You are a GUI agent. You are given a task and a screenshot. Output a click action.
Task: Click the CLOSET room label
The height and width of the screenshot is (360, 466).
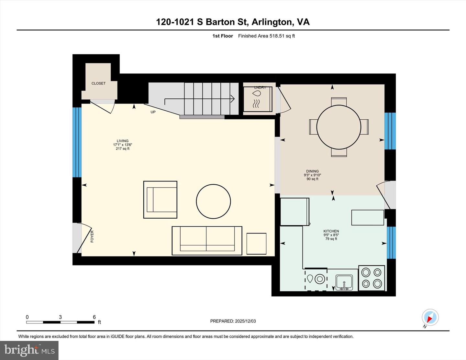point(98,83)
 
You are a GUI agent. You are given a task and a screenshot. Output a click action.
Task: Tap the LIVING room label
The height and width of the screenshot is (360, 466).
point(123,141)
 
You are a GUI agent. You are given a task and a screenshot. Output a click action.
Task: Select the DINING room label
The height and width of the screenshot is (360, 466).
point(312,171)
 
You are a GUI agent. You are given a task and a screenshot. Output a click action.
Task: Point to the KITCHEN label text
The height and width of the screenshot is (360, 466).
point(331,231)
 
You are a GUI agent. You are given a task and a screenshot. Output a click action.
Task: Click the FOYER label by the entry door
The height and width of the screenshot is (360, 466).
point(92,236)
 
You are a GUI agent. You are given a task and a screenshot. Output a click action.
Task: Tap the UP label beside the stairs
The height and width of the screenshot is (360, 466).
point(153,112)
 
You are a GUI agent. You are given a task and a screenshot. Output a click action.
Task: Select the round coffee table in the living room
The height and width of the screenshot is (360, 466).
point(213,201)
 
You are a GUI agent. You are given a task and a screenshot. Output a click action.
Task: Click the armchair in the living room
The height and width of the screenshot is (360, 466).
point(160,200)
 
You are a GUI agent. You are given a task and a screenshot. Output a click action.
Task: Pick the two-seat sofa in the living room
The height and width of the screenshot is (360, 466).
point(207,240)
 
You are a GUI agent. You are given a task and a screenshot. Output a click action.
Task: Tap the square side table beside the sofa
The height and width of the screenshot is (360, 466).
point(256,244)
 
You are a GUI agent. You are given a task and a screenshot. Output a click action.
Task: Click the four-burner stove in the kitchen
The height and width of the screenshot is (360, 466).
point(372,278)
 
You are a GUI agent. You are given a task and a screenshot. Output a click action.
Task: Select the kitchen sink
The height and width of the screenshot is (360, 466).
point(344,282)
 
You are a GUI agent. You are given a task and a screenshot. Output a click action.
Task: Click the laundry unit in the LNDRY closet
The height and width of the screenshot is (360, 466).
point(257,99)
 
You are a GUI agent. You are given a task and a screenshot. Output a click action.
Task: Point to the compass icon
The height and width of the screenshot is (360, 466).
point(430,317)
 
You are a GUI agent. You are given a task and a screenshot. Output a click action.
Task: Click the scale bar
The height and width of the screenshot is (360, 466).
point(60,322)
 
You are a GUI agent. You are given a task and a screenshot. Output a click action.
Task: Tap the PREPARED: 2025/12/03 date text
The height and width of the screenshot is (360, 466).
point(233,321)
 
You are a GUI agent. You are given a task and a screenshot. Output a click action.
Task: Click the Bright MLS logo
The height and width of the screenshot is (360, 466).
point(29,350)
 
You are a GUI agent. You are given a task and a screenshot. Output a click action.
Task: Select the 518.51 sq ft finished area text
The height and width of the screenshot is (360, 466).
point(266,36)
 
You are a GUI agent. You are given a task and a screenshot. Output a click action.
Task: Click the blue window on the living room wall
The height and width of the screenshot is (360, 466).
point(77,142)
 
